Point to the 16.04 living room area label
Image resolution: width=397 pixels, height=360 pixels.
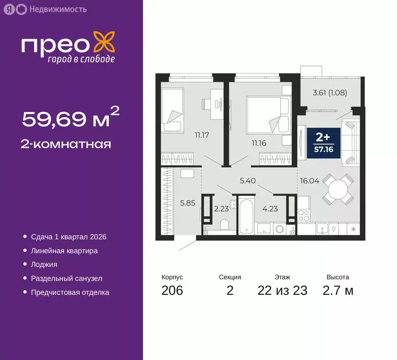point(309,180)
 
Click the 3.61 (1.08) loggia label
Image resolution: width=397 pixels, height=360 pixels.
point(330,92)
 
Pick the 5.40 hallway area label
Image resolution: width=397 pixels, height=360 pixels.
point(248,180)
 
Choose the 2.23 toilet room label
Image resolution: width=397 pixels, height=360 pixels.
point(221,209)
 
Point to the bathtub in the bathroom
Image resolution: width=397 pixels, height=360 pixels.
point(246,217)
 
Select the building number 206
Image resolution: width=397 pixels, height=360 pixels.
point(172,291)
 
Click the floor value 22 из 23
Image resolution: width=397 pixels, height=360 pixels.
point(282,291)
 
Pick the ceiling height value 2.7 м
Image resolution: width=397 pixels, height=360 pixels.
point(337,291)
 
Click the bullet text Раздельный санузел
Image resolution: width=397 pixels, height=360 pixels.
point(67,278)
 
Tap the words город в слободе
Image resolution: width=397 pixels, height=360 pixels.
point(81,59)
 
